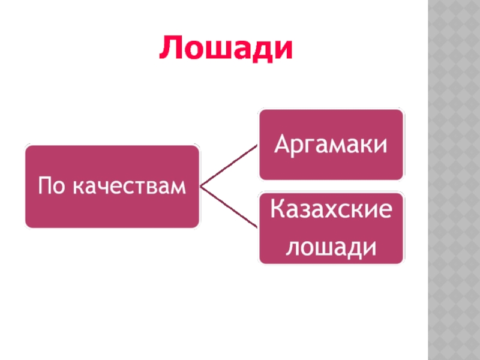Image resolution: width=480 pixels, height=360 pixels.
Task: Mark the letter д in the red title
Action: tap(259, 51)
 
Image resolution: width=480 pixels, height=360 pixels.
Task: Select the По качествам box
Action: tap(112, 187)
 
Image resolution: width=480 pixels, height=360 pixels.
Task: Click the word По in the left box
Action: tap(50, 187)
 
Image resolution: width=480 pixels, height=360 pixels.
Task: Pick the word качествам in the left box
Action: tap(129, 187)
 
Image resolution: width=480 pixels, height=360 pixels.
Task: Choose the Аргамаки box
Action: tap(331, 145)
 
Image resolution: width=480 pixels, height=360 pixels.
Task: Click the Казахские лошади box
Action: tap(331, 228)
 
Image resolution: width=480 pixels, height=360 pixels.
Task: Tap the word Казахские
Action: tap(331, 211)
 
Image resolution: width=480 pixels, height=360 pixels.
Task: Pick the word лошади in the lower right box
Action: tap(331, 245)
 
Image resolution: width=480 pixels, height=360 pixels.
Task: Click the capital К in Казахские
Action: tap(277, 211)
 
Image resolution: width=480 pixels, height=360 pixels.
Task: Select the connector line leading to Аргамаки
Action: tap(229, 166)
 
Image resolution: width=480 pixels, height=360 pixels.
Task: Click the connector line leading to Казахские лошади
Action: tap(229, 208)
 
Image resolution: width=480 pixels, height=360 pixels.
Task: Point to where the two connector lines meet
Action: tap(200, 187)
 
